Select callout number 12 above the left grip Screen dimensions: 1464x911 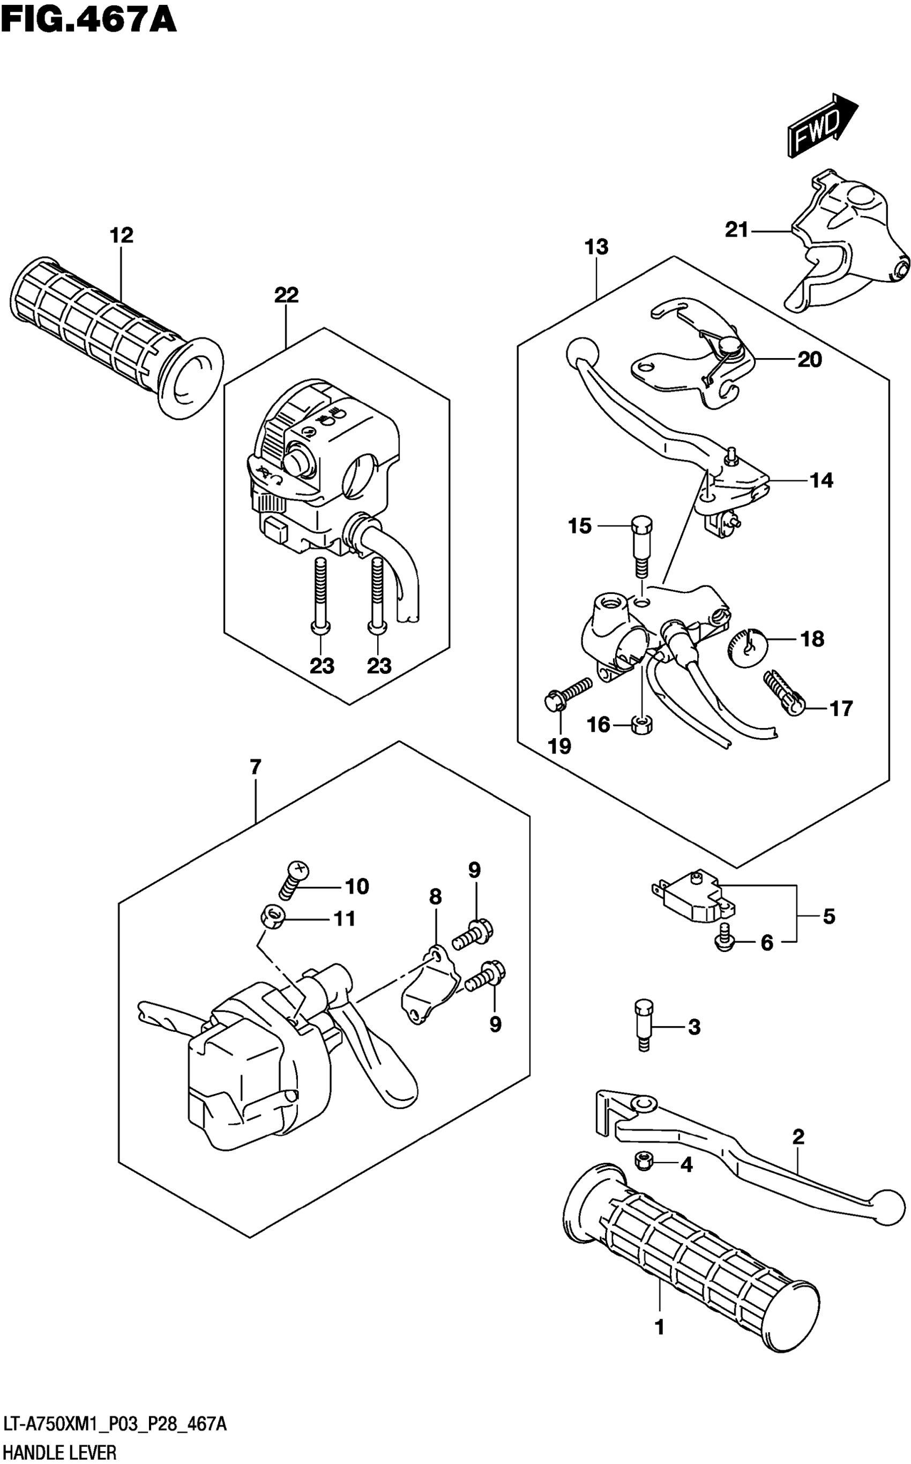[x=121, y=235]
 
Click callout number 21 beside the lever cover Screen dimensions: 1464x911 [x=736, y=229]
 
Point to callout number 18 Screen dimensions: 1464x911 [x=812, y=639]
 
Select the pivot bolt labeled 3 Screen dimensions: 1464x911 [x=644, y=1025]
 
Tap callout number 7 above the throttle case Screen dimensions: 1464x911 [x=256, y=768]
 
